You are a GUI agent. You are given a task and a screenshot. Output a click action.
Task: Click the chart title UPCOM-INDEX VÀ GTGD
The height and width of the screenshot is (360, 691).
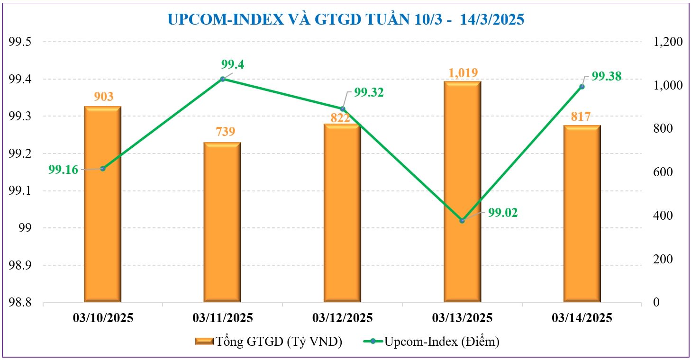coord(345,19)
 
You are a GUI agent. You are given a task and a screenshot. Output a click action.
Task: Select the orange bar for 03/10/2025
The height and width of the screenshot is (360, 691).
coord(103,204)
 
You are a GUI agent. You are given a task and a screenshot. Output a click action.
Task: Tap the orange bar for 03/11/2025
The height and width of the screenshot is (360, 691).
coord(222,222)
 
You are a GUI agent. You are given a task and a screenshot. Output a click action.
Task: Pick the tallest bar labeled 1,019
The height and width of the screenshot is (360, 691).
coord(462,191)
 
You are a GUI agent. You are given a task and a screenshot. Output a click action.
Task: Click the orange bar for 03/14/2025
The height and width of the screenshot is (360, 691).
coord(582,213)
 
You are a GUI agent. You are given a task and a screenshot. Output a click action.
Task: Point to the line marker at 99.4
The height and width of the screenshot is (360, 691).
coord(223,79)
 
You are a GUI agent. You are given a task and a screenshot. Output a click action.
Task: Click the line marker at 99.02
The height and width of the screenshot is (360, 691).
coord(462,221)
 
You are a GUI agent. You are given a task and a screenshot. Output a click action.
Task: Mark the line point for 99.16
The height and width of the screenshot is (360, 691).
coord(103,169)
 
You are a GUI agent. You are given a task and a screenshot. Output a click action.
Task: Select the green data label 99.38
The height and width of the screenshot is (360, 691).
coord(606,77)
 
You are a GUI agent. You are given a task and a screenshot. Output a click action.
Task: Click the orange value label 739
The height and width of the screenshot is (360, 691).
coord(226,132)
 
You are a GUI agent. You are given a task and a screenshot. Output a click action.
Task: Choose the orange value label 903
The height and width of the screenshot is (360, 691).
coord(104,97)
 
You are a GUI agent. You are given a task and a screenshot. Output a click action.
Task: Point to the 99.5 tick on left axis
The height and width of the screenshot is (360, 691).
coord(20,42)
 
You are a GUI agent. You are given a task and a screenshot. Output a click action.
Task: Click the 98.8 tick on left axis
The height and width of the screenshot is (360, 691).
coord(20,302)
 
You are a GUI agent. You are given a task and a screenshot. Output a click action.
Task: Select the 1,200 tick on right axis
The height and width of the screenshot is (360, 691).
coord(667,42)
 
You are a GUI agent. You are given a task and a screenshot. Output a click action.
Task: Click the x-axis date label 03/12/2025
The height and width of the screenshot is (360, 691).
coord(342,317)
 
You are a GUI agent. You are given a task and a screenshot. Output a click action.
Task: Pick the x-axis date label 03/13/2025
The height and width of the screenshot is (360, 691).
coord(462,317)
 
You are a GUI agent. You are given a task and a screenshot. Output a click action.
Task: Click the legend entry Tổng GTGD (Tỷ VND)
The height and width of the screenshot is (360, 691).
coord(268,341)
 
